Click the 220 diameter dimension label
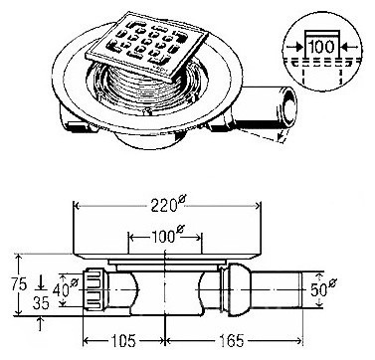167,205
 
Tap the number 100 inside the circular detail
321,47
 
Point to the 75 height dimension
19,284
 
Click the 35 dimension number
41,302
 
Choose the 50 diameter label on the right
323,288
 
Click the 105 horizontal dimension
122,341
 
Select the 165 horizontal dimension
233,341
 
